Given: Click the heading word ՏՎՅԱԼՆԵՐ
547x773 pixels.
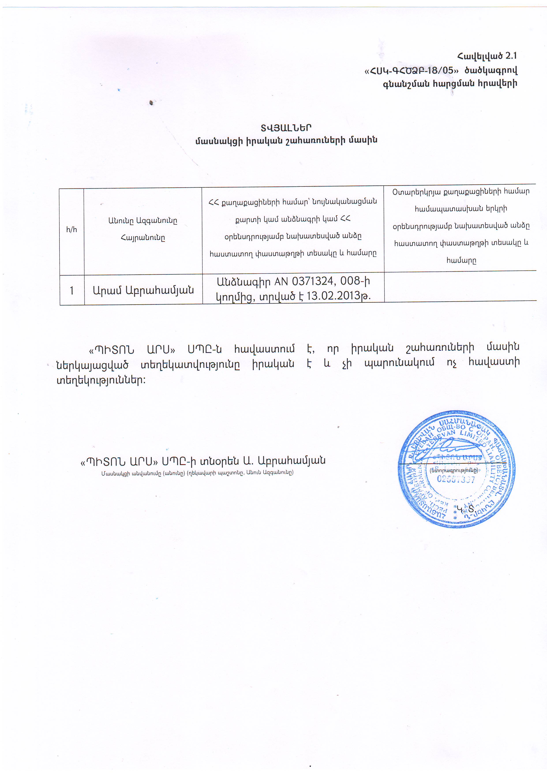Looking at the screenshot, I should [x=286, y=128].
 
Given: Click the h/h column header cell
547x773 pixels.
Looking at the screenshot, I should [x=71, y=230].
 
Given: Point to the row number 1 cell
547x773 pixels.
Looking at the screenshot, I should [x=72, y=291].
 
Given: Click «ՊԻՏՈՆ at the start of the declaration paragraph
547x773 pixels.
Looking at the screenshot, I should [x=111, y=349].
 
